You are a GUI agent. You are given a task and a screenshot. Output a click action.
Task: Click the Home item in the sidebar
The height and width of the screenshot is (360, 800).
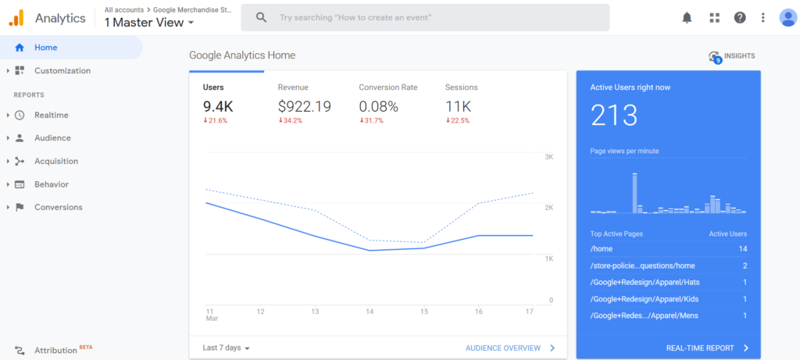[45, 48]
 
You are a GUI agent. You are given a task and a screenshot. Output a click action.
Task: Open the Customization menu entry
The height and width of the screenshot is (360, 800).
[62, 71]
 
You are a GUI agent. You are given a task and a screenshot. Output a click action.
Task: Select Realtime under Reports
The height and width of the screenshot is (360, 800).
[51, 116]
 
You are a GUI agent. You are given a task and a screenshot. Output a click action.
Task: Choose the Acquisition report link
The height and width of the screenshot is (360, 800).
[56, 162]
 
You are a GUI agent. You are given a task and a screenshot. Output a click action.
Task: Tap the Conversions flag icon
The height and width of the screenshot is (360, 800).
[20, 208]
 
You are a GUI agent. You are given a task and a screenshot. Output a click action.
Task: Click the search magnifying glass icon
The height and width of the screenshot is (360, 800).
[262, 17]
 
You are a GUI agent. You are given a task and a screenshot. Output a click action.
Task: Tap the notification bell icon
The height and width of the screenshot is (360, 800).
[687, 17]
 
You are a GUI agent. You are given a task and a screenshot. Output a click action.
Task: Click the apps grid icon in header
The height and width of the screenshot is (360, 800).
[714, 17]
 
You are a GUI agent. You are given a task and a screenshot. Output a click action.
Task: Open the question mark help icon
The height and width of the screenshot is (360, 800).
[740, 17]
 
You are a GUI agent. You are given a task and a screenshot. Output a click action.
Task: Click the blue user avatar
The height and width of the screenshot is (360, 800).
[787, 17]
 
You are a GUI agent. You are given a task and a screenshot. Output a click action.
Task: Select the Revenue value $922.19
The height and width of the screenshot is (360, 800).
[304, 106]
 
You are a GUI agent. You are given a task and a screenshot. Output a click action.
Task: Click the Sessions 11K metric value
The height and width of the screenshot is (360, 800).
[459, 106]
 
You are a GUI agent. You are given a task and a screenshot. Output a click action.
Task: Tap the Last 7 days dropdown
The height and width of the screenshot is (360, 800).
[226, 348]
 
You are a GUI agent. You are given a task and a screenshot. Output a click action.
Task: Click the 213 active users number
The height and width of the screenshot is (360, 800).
[614, 116]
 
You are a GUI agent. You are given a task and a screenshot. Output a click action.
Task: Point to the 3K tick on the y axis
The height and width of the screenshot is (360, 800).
[549, 157]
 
